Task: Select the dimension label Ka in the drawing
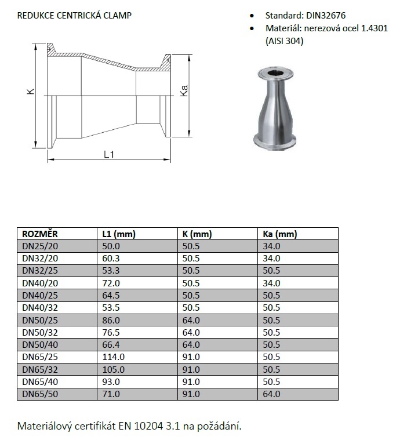pos(185,92)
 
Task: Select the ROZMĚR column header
pos(40,234)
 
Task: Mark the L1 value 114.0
pos(113,357)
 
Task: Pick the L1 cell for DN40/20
pos(111,283)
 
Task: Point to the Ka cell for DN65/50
pos(271,394)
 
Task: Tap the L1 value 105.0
pos(113,370)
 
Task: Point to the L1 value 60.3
pos(111,259)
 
